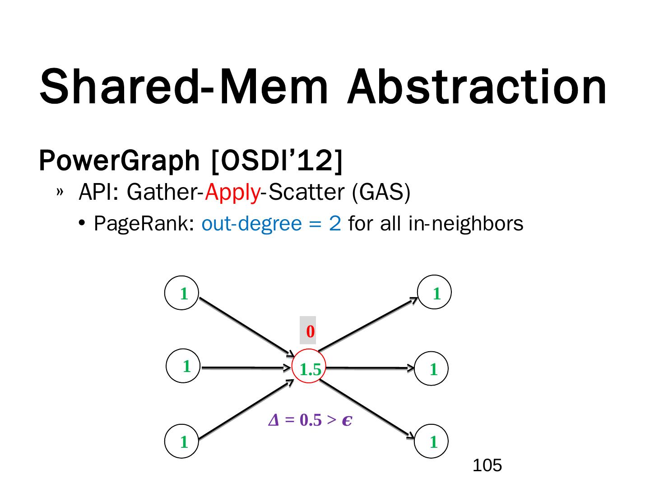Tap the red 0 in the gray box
(x=310, y=331)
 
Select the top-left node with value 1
(x=182, y=293)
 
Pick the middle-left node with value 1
(x=184, y=366)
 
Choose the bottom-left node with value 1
(x=182, y=441)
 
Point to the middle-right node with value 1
(x=432, y=368)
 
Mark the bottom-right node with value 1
(x=432, y=441)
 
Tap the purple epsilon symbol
(x=347, y=420)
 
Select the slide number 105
(x=487, y=465)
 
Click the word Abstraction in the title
(x=476, y=87)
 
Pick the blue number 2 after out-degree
(x=335, y=224)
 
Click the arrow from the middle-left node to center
(x=246, y=368)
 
